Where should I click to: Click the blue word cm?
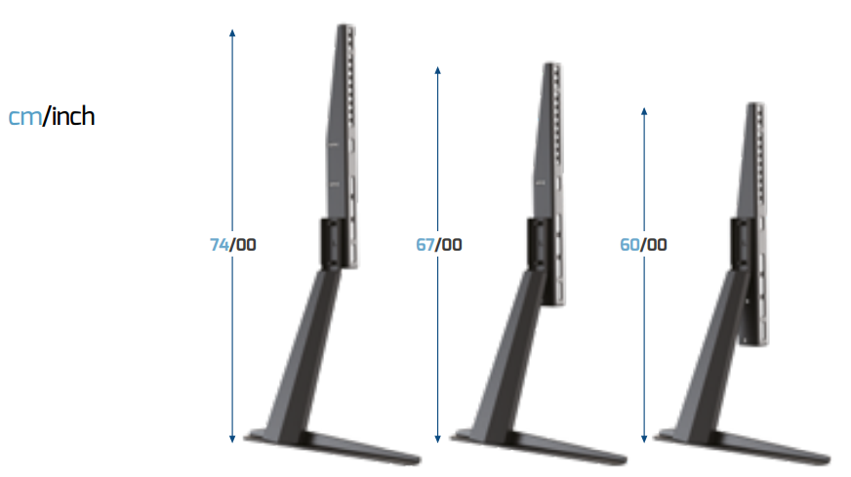[x=25, y=117]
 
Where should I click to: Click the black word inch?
[x=73, y=116]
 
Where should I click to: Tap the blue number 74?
[x=220, y=245]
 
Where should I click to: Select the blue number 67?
[x=425, y=245]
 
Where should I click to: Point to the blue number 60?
[x=629, y=245]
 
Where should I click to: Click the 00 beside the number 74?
[x=246, y=245]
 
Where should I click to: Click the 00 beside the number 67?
[x=452, y=245]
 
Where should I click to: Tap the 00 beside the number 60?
[x=657, y=245]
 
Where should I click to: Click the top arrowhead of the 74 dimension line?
[x=232, y=32]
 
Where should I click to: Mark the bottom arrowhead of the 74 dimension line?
[x=232, y=439]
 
